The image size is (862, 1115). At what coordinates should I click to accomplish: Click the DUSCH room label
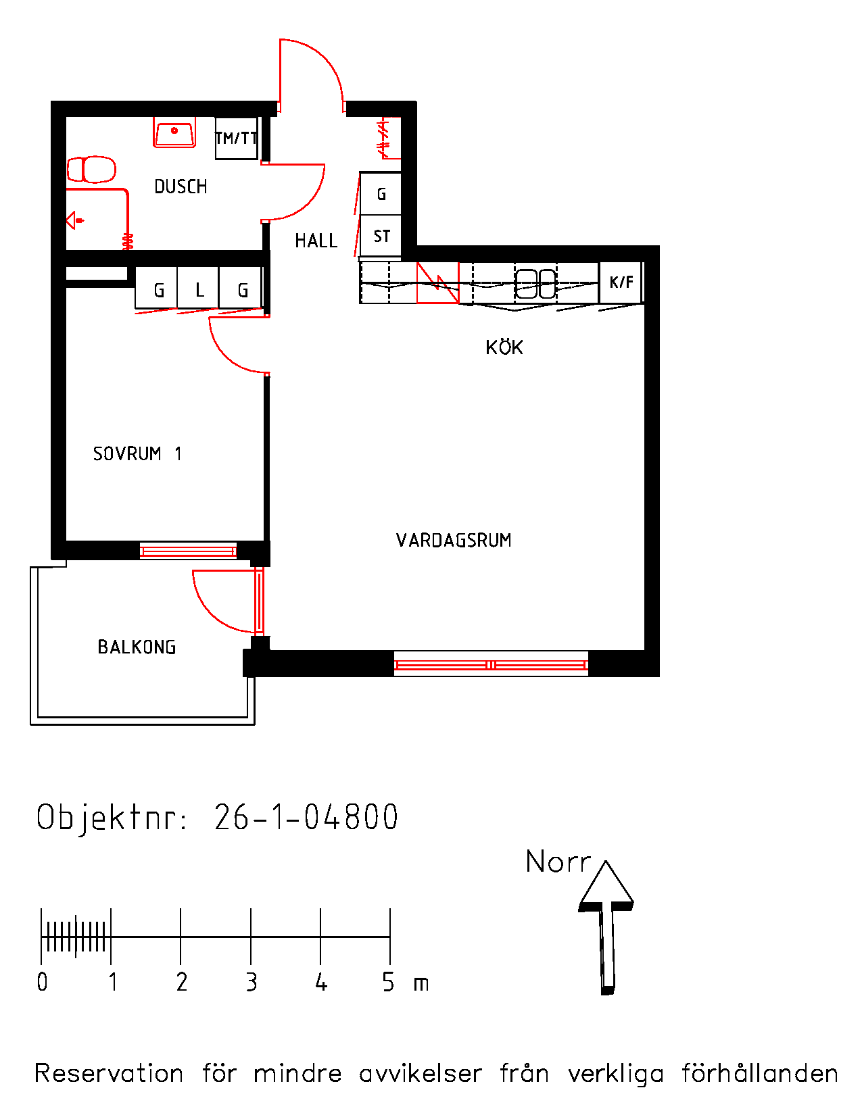pos(181,187)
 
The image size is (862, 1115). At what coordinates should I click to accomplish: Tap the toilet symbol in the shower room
pos(91,170)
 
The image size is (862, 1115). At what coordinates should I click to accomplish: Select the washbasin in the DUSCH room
pos(174,133)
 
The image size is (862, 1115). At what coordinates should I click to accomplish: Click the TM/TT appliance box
pos(236,138)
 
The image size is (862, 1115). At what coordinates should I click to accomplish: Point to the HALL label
pos(316,241)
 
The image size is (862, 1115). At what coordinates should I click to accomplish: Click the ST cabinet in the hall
pos(381,236)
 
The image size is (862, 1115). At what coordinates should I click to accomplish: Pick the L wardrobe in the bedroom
pos(198,288)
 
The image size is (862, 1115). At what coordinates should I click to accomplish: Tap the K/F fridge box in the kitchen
pos(621,282)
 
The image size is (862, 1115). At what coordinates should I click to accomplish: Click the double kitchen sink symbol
pos(535,283)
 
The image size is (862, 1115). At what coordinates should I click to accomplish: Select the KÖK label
pos(504,347)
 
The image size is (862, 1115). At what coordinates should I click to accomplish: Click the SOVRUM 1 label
pos(137,453)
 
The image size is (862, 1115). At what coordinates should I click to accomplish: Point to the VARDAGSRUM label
pos(454,541)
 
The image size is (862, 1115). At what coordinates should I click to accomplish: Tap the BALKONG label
pos(137,647)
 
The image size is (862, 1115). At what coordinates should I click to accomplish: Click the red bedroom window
pos(189,551)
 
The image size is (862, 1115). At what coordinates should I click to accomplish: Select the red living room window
pos(491,665)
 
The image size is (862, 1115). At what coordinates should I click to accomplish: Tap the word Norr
pos(558,862)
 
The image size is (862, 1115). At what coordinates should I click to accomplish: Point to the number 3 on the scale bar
pos(252,982)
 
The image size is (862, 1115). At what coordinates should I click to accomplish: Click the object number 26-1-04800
pos(306,818)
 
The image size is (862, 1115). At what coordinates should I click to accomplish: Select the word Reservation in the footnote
pos(109,1073)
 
